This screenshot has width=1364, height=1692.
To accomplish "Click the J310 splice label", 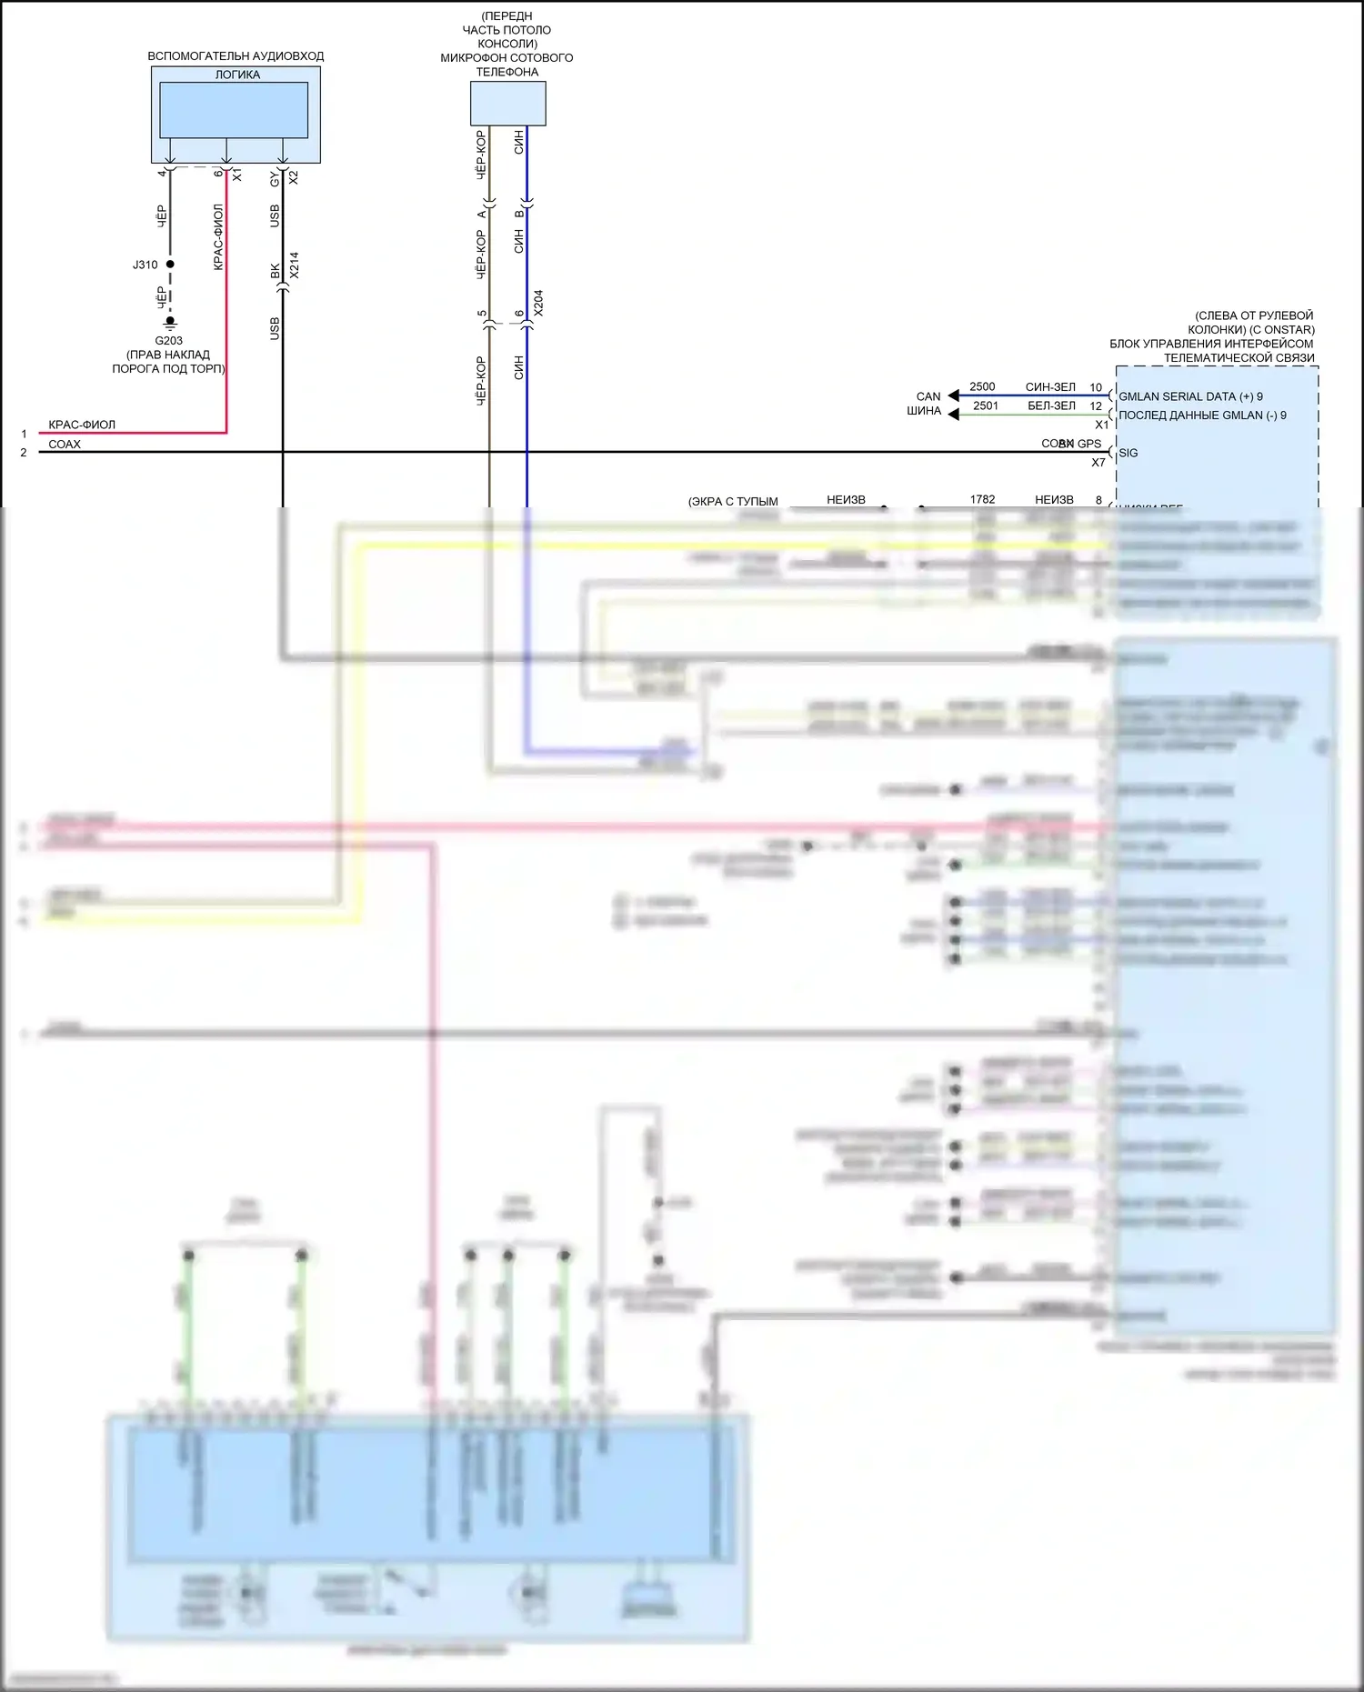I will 145,265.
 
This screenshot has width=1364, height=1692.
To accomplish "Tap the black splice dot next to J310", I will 170,264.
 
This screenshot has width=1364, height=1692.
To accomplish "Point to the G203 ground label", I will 168,341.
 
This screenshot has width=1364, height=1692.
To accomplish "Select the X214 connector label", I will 294,265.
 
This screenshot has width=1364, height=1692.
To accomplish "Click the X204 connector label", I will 538,303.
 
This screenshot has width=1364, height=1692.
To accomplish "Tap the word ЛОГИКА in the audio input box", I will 237,75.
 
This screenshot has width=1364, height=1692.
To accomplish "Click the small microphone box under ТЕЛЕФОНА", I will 507,103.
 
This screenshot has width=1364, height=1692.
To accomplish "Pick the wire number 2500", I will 982,386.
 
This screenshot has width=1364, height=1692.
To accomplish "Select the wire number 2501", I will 986,405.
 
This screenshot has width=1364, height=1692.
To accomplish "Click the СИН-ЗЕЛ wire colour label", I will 1050,387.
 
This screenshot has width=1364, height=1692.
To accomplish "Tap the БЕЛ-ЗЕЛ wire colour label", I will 1051,405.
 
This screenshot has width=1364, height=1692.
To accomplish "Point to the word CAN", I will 928,396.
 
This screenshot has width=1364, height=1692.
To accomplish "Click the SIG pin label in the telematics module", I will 1128,453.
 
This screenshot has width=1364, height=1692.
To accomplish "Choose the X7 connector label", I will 1098,463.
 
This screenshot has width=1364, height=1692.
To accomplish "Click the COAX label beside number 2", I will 65,445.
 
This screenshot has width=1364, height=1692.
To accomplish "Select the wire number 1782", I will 982,499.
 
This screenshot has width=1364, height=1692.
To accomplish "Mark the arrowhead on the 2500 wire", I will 953,395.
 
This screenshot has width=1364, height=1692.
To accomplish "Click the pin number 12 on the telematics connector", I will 1096,405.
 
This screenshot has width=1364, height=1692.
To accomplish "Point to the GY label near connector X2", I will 275,180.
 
